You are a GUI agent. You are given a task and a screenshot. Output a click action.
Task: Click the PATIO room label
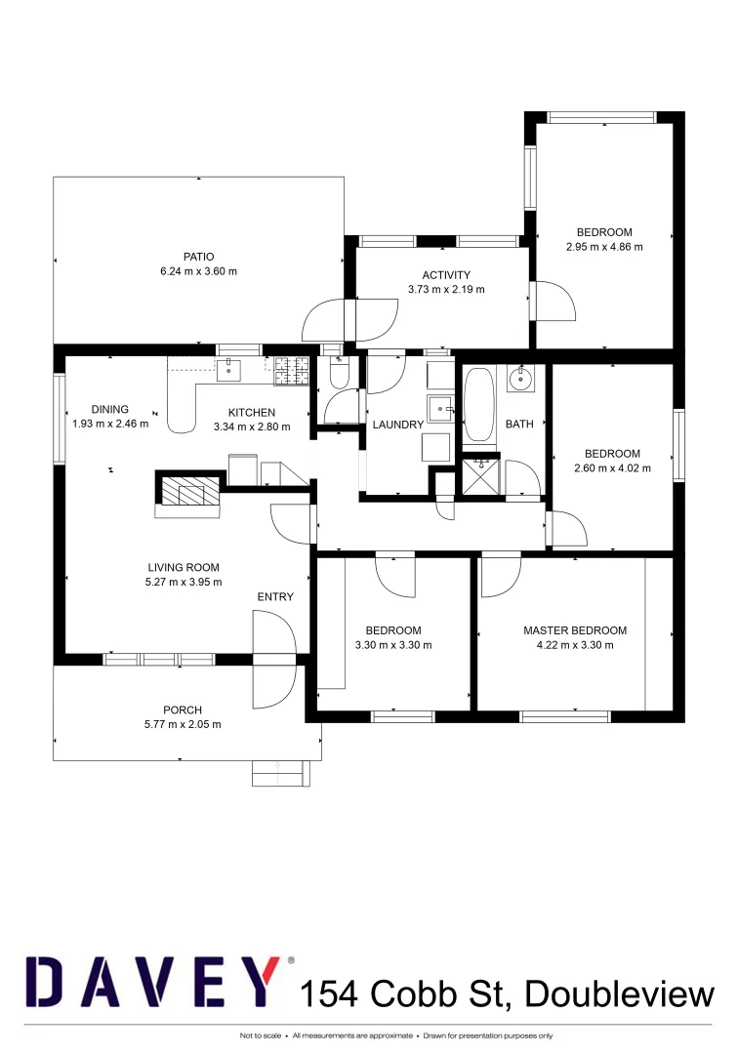click(198, 257)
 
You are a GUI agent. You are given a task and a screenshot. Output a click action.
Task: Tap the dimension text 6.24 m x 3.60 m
click(198, 272)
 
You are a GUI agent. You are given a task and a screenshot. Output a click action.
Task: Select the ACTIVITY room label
click(446, 275)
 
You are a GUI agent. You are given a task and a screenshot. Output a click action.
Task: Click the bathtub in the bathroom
click(478, 404)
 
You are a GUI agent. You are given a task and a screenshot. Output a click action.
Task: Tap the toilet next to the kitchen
click(339, 371)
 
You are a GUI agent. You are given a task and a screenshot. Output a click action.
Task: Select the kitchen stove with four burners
click(292, 368)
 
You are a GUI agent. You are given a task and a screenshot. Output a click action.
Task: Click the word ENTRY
click(275, 597)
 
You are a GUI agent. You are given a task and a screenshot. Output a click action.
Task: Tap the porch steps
click(279, 773)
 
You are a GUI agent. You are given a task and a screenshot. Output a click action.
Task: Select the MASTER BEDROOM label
click(575, 630)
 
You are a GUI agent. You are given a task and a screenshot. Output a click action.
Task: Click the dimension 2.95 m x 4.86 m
click(604, 247)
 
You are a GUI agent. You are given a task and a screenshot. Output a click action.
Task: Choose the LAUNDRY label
click(397, 425)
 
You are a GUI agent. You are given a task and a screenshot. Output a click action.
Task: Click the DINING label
click(110, 410)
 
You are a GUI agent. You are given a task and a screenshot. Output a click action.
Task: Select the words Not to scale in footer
click(262, 1035)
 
